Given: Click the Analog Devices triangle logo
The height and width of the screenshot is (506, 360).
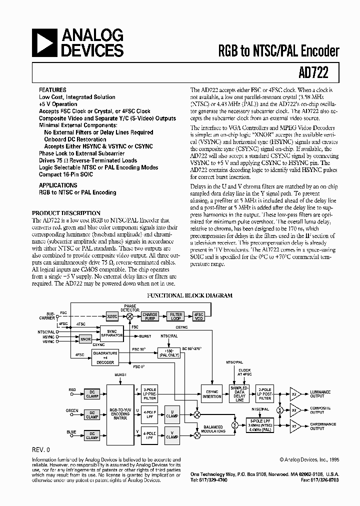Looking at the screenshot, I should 44,42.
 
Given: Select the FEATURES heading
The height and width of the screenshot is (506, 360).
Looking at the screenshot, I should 52,90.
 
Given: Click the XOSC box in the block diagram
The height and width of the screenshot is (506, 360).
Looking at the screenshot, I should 112,316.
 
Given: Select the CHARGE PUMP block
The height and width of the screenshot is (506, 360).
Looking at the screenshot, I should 150,316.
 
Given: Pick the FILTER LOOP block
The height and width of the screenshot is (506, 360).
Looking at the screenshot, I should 176,316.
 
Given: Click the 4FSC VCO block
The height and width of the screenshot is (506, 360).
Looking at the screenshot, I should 199,316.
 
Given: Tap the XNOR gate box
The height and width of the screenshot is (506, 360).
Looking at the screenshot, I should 85,338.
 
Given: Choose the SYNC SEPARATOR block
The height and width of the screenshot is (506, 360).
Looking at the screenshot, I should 111,333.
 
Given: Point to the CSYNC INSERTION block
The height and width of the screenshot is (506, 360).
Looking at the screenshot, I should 211,393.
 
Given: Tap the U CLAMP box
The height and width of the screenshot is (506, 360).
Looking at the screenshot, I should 172,413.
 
